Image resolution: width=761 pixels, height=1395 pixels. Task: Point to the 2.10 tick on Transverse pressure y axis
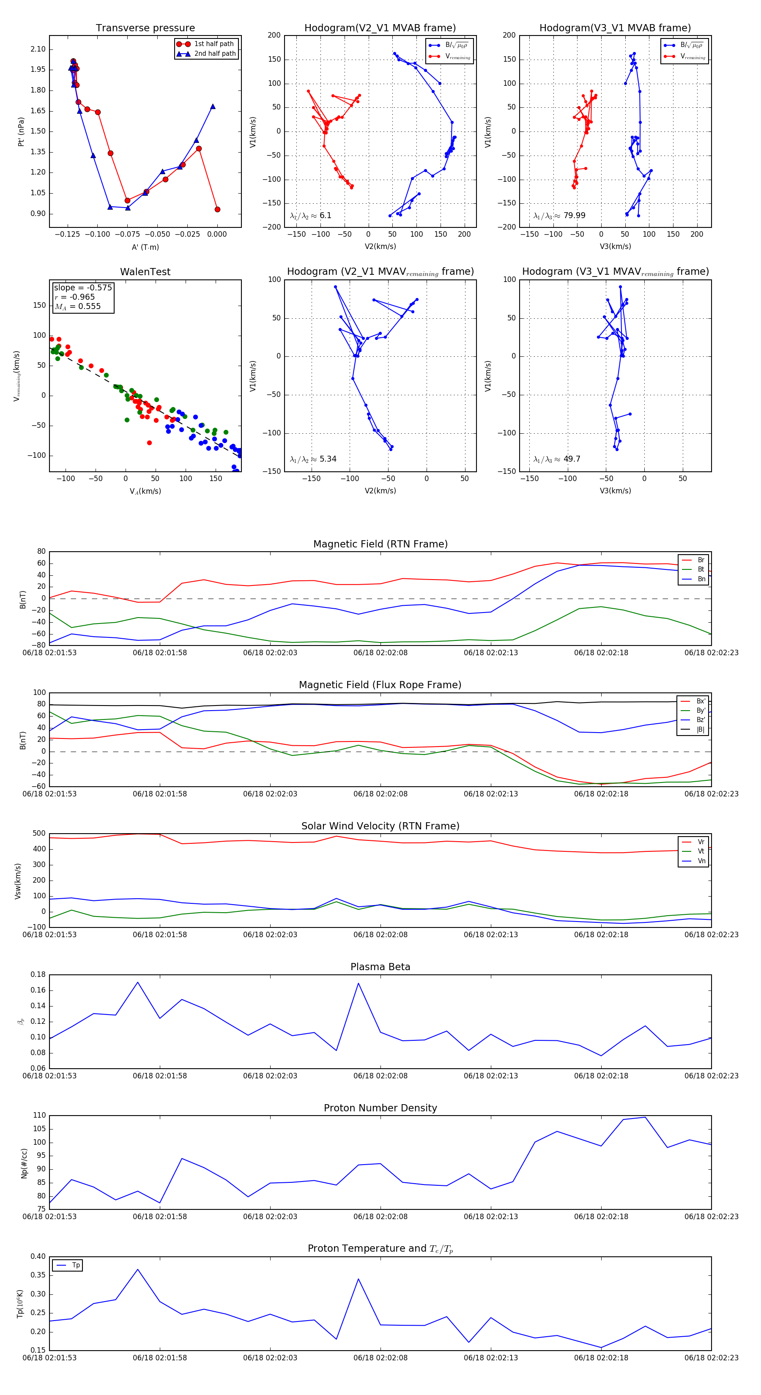click(x=38, y=49)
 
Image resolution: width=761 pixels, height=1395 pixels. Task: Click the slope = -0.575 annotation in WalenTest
click(x=83, y=287)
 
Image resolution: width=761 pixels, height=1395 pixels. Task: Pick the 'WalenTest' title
click(x=145, y=272)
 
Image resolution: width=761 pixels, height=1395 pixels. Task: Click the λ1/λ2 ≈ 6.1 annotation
click(x=310, y=216)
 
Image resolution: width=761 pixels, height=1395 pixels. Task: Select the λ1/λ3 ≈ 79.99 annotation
click(x=559, y=216)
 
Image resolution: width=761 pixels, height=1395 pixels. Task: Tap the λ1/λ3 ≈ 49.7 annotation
click(x=556, y=459)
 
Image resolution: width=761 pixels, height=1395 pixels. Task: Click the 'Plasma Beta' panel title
click(x=380, y=967)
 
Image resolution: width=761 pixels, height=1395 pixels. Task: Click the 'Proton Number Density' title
click(x=380, y=1108)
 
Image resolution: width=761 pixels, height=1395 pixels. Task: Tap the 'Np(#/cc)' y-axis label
click(x=24, y=1162)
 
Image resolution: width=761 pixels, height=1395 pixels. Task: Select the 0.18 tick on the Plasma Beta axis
click(x=38, y=974)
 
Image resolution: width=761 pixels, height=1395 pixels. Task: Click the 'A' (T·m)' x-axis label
click(x=145, y=247)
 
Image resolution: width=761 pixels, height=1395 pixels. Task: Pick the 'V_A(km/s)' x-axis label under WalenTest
click(x=145, y=491)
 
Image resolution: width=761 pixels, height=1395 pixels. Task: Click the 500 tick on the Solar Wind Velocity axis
click(x=39, y=834)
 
